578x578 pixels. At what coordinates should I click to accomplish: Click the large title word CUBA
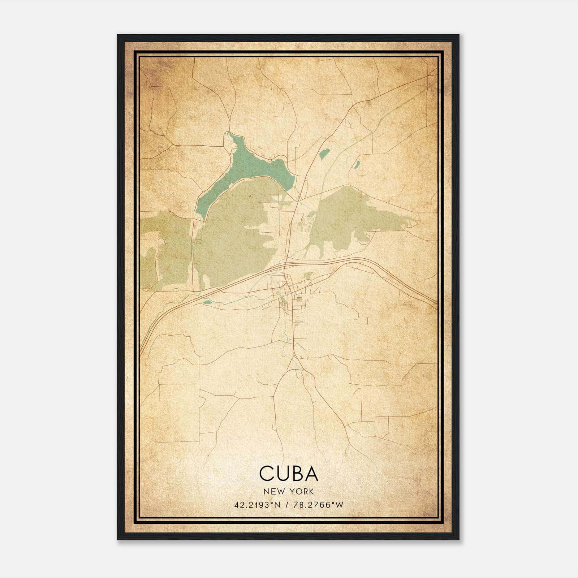click(x=289, y=474)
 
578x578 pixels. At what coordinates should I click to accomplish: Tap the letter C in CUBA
click(x=267, y=474)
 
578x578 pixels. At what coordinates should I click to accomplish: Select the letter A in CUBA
click(x=310, y=474)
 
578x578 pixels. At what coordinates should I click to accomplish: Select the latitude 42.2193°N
click(x=257, y=505)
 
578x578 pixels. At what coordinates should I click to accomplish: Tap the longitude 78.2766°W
click(x=318, y=505)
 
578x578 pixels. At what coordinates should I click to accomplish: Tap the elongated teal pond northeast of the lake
click(x=324, y=154)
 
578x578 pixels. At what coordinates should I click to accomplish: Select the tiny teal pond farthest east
click(x=357, y=165)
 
